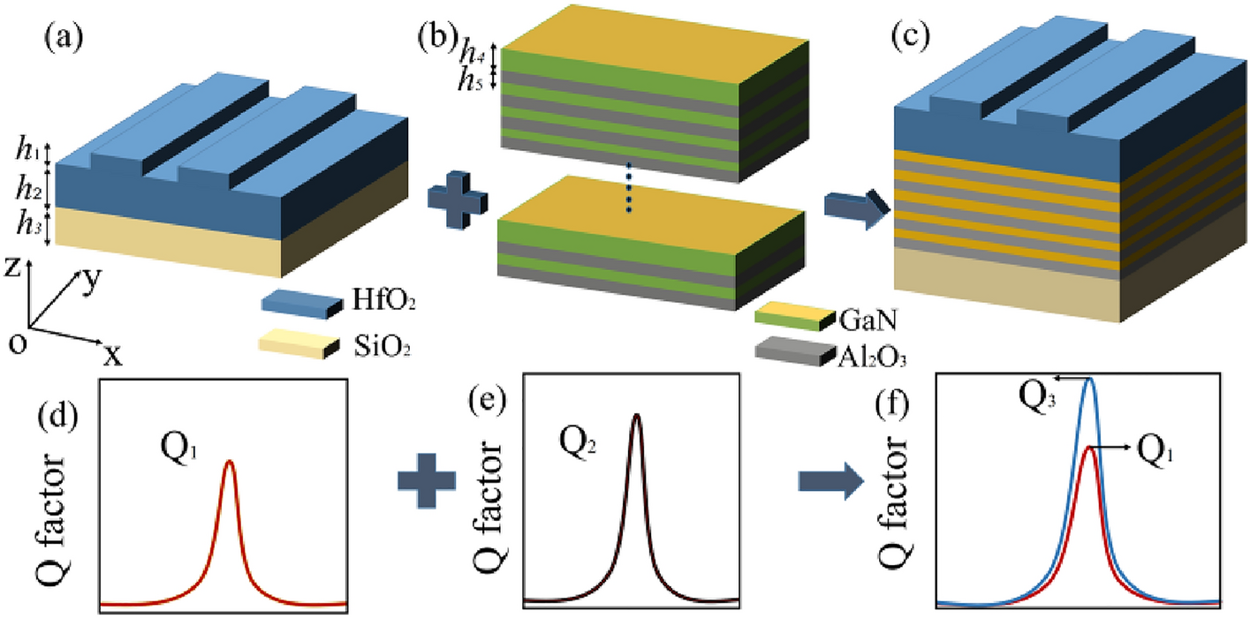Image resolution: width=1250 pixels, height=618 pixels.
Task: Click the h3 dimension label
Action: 30,224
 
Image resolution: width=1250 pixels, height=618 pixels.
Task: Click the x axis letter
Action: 112,354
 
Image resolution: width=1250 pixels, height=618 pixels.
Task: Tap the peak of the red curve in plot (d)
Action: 229,462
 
